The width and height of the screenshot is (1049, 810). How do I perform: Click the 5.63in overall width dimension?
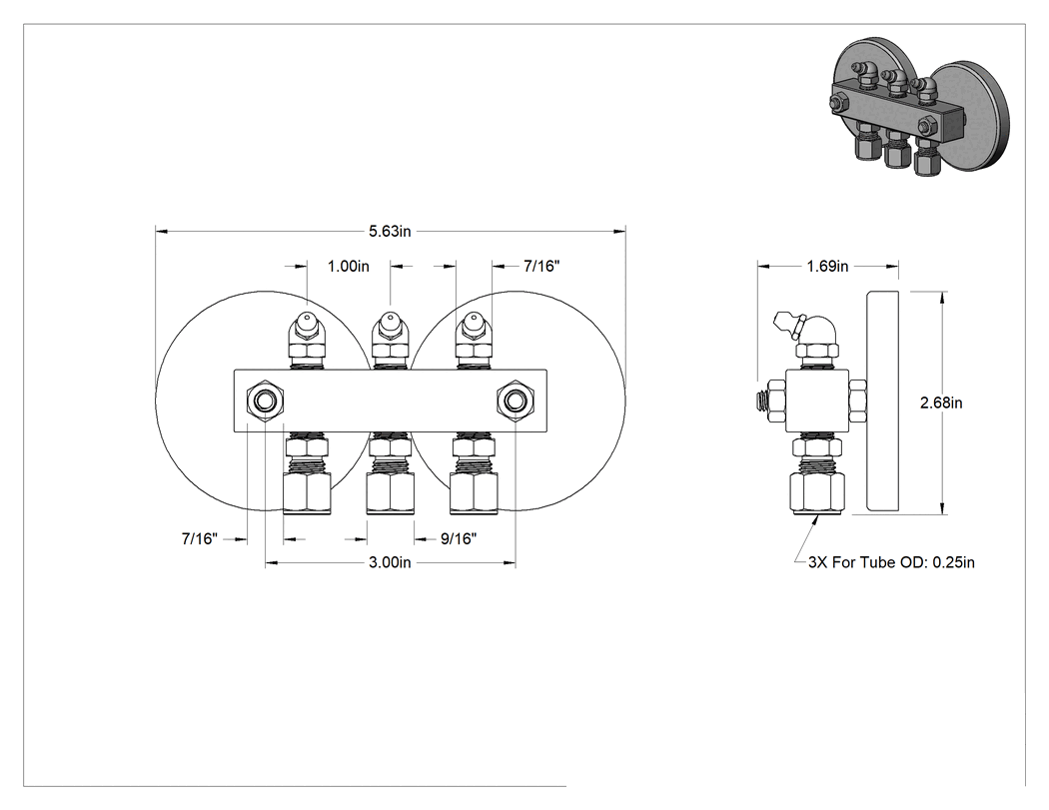pyautogui.click(x=390, y=232)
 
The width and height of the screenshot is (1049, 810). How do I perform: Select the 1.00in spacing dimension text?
pyautogui.click(x=348, y=267)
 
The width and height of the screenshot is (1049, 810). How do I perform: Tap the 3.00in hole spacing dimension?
pyautogui.click(x=390, y=562)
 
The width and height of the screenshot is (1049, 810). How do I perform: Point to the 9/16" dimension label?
pyautogui.click(x=459, y=538)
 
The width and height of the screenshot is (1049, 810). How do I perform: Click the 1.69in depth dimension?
pyautogui.click(x=827, y=267)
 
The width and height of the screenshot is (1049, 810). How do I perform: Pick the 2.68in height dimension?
pyautogui.click(x=941, y=403)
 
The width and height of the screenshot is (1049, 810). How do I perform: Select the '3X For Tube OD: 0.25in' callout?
pyautogui.click(x=891, y=562)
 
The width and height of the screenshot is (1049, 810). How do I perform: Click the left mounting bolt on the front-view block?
pyautogui.click(x=266, y=401)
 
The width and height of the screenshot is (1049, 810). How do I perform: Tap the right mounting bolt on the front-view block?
pyautogui.click(x=516, y=401)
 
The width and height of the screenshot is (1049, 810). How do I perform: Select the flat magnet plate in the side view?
pyautogui.click(x=882, y=403)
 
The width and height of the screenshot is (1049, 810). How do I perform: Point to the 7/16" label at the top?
pyautogui.click(x=541, y=267)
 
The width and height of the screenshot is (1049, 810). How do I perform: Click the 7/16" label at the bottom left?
pyautogui.click(x=200, y=538)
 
